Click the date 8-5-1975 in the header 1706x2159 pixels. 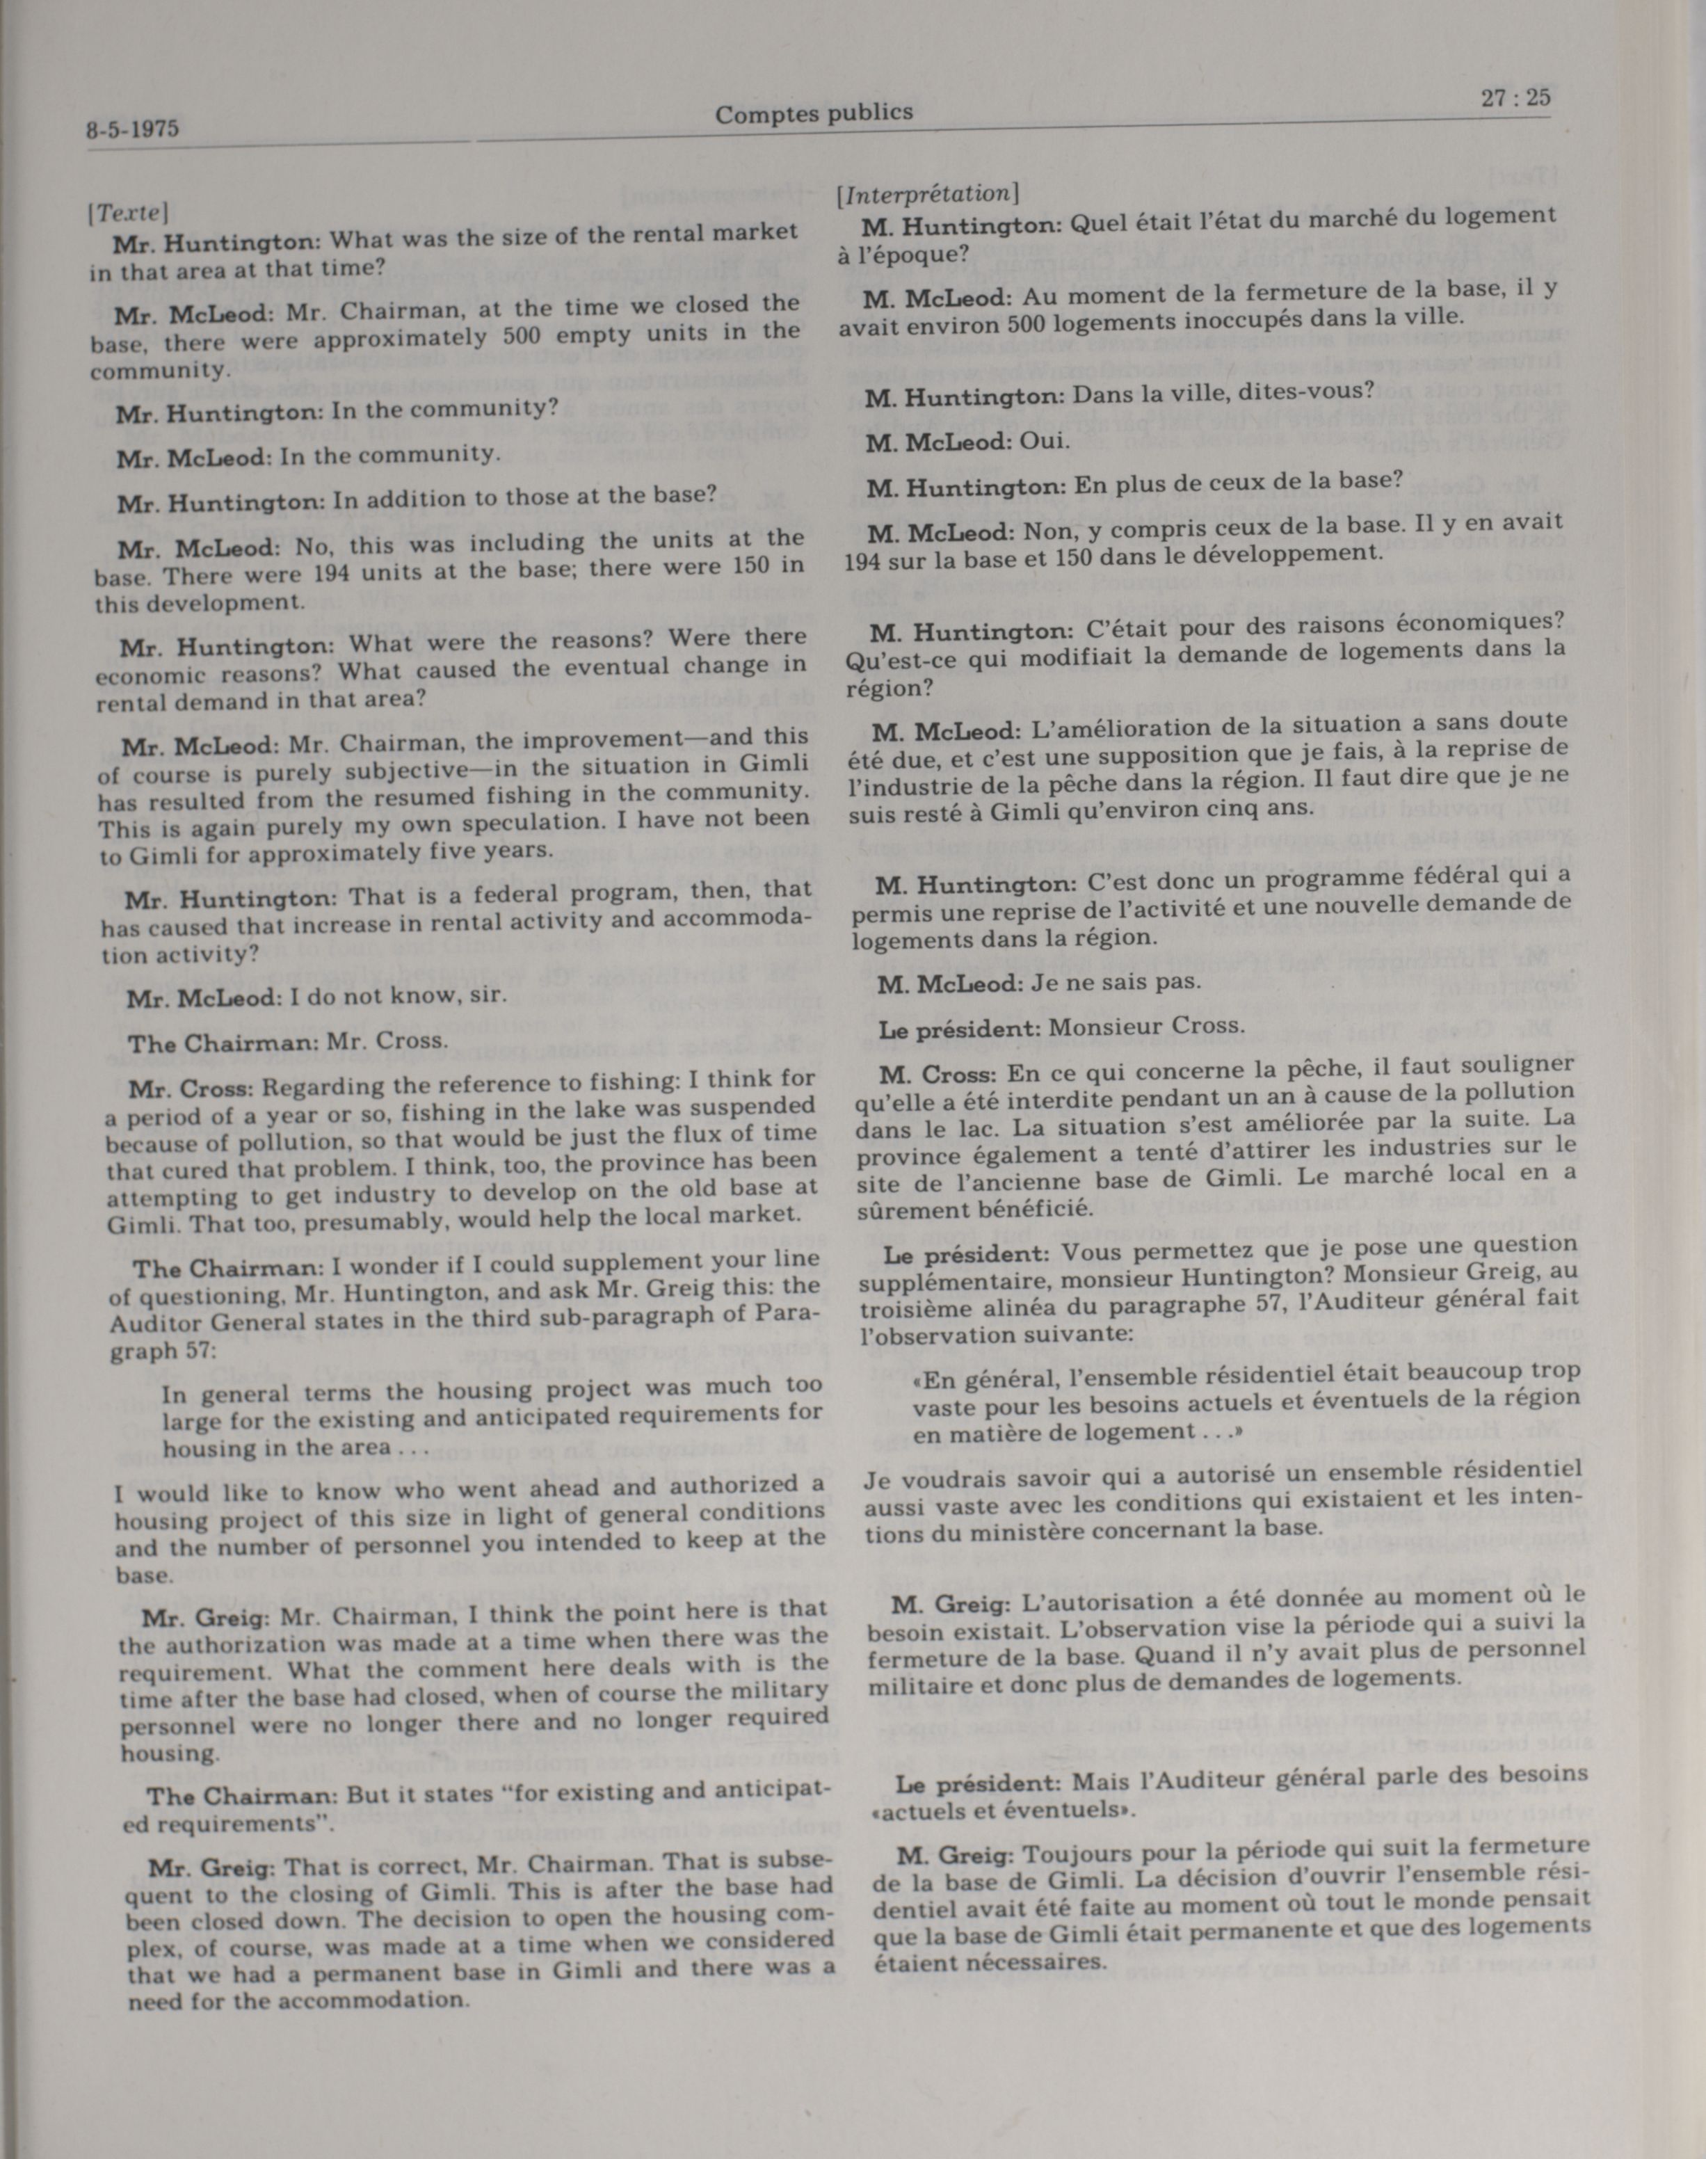tap(132, 129)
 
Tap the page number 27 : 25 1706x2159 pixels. tap(1515, 98)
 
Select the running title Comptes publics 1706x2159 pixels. tap(813, 114)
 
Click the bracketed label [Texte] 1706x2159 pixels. tap(127, 212)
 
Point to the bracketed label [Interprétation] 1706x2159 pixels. tap(927, 193)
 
